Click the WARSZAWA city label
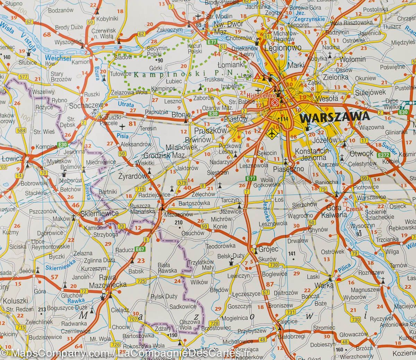point(335,117)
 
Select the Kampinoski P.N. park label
point(183,74)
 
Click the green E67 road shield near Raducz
point(140,249)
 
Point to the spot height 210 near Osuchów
point(178,222)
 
